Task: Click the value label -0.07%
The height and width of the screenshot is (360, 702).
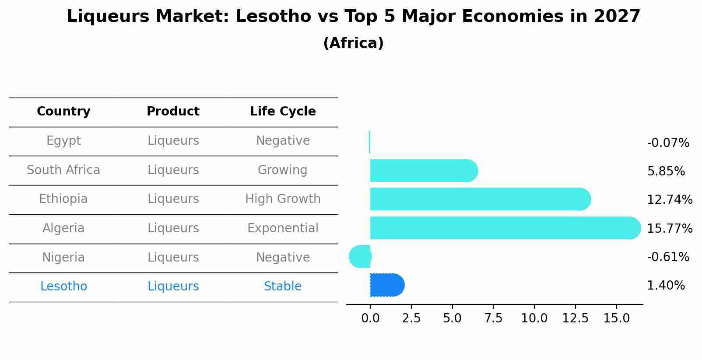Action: (x=668, y=143)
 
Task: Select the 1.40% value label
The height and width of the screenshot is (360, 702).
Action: (x=666, y=286)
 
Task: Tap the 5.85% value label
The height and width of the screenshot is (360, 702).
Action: (x=666, y=171)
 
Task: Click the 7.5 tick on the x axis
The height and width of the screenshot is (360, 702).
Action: (x=493, y=318)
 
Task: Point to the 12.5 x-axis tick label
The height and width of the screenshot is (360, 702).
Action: (x=575, y=318)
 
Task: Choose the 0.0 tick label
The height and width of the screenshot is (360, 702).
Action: (x=370, y=318)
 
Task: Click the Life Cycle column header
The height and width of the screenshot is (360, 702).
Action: (x=283, y=112)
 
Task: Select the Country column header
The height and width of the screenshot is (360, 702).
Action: (x=63, y=112)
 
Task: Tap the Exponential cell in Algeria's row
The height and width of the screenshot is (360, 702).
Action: (x=283, y=228)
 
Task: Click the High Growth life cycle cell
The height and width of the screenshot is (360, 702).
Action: (x=283, y=199)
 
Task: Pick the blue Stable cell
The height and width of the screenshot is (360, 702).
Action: (x=283, y=287)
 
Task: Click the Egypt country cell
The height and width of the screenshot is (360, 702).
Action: (x=63, y=141)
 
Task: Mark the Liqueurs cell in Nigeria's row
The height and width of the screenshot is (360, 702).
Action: (x=173, y=258)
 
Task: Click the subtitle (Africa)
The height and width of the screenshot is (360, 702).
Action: (x=353, y=43)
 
